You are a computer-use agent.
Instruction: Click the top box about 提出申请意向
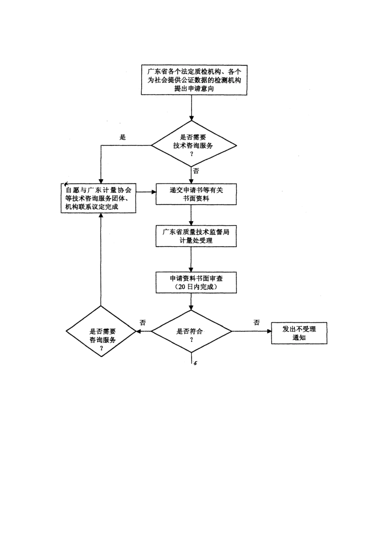click(194, 80)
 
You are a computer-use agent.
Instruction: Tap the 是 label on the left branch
click(123, 138)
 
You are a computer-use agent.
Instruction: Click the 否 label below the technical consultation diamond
click(196, 171)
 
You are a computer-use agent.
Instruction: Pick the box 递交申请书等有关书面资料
click(196, 194)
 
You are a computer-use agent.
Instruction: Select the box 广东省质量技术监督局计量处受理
click(196, 236)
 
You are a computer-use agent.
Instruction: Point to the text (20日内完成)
click(196, 287)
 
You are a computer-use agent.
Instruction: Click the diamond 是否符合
click(191, 331)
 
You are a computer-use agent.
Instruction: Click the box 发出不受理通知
click(299, 333)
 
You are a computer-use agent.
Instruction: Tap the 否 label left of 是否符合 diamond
click(143, 323)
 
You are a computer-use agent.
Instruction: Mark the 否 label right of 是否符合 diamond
click(256, 323)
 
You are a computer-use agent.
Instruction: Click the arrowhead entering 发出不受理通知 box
click(269, 331)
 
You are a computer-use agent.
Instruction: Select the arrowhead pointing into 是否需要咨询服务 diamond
click(138, 331)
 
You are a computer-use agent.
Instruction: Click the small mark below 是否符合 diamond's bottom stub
click(195, 363)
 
